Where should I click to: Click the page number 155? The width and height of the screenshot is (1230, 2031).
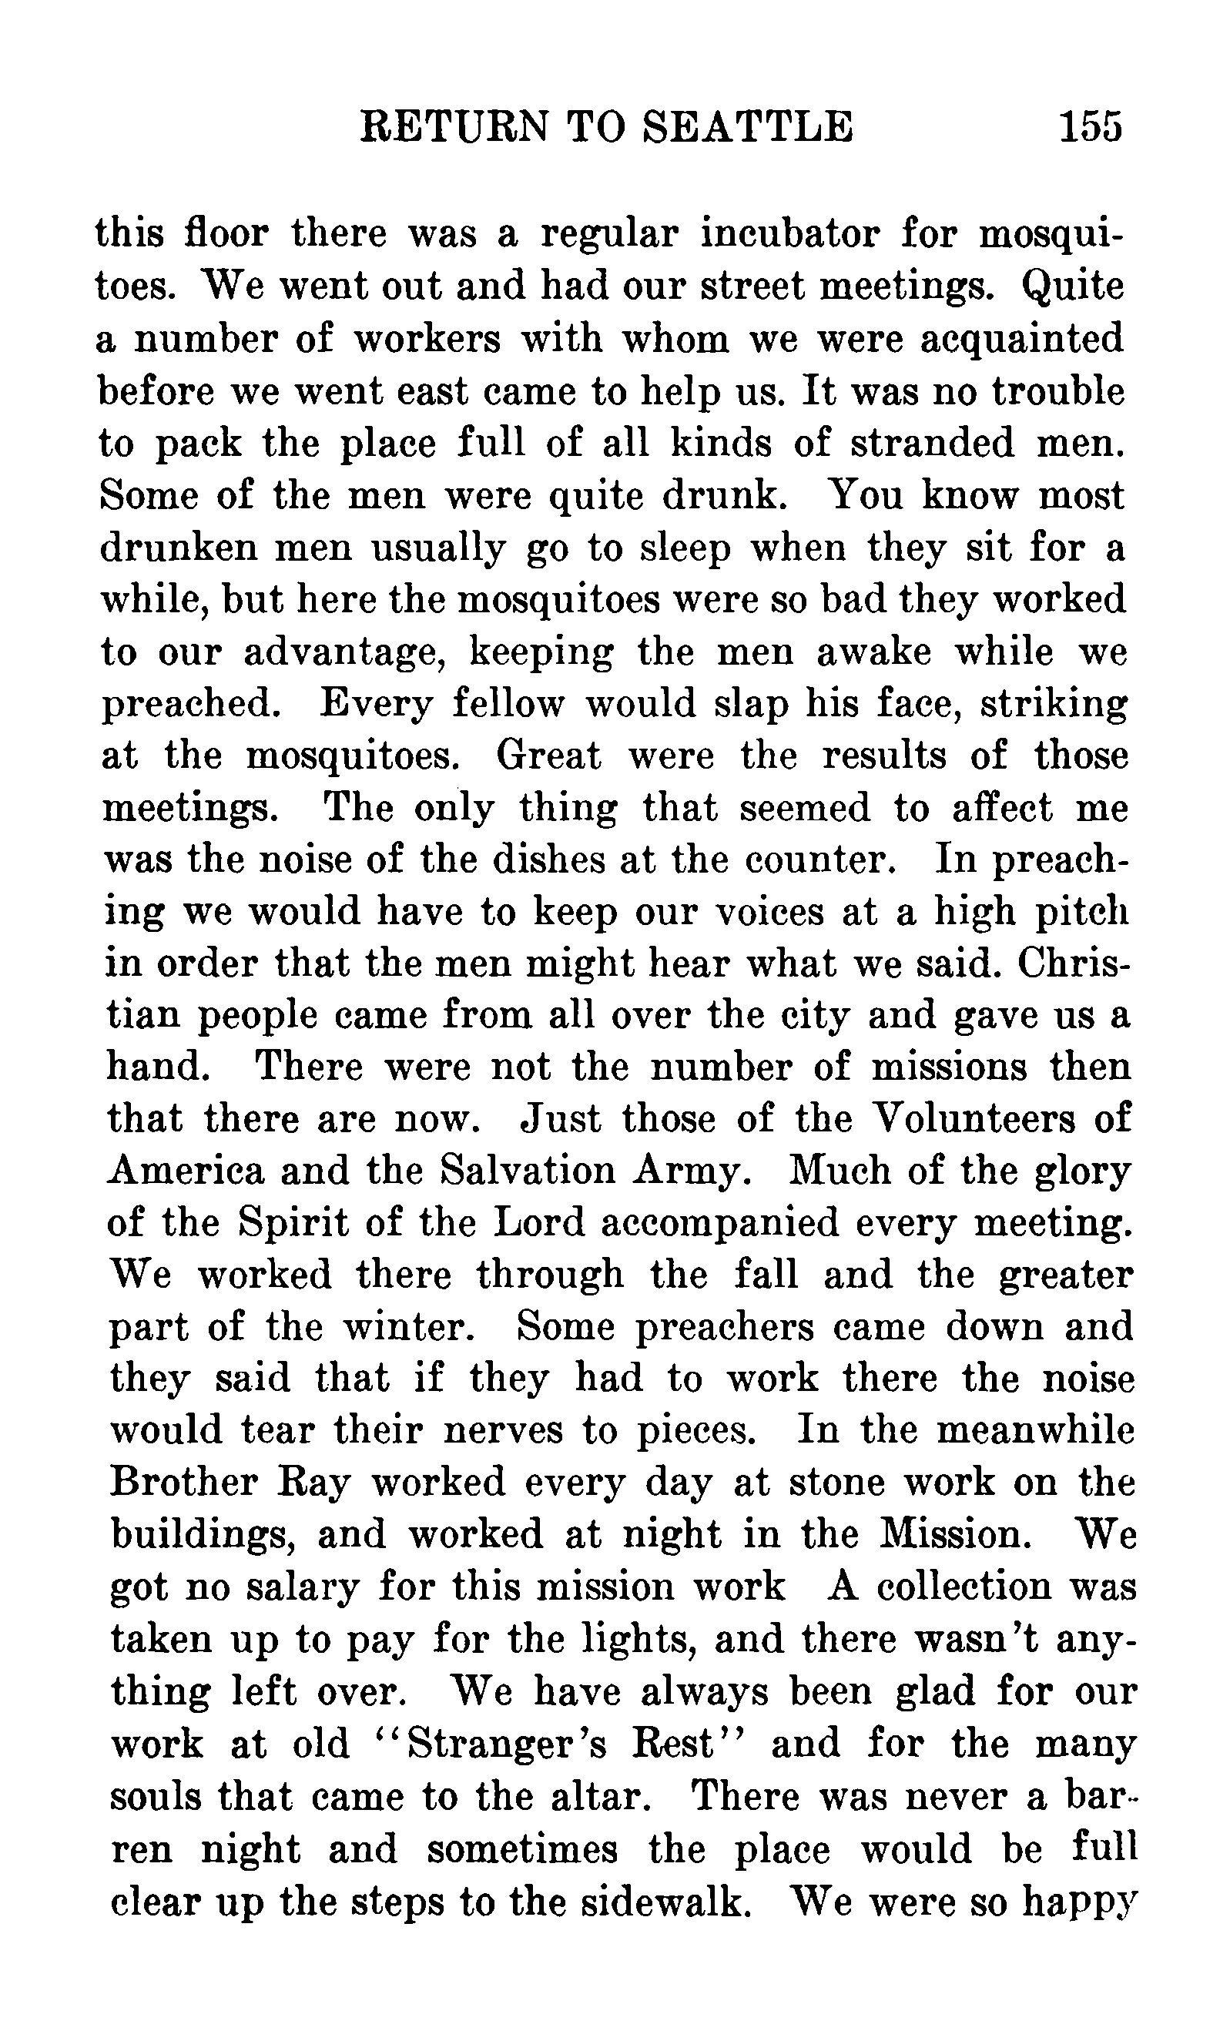tap(1090, 128)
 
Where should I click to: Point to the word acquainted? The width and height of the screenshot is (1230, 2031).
tap(1021, 338)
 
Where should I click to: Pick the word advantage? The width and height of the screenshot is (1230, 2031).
tap(344, 653)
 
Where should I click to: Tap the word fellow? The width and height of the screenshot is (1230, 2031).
tap(508, 705)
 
